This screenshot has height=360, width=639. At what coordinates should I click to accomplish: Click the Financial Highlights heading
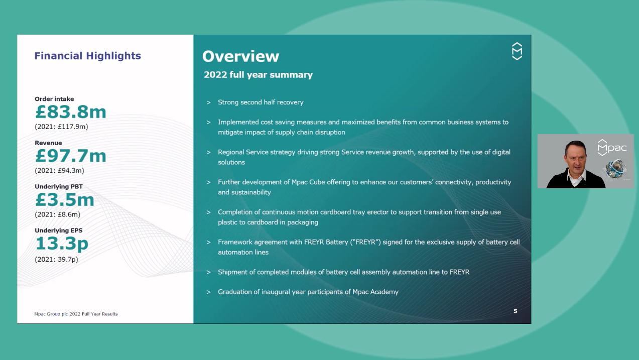tap(87, 56)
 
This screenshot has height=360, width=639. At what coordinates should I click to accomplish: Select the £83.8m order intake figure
tap(70, 112)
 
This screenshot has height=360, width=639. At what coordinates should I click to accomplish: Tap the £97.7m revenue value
tap(70, 156)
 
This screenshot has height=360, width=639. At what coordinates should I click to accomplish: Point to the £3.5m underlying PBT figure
tap(64, 200)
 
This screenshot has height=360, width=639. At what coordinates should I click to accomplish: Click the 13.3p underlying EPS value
tap(62, 244)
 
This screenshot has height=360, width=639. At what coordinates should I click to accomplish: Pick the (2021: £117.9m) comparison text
tap(61, 127)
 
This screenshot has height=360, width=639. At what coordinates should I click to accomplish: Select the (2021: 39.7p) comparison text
tap(56, 260)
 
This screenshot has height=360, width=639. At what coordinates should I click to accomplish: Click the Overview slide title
tap(240, 56)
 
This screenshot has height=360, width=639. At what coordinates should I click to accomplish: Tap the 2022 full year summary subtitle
tap(258, 75)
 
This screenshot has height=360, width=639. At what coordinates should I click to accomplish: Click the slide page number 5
tap(515, 311)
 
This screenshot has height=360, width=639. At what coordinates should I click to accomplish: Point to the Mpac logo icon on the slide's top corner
tap(517, 51)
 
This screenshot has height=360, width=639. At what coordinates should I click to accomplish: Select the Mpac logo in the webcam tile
tap(612, 148)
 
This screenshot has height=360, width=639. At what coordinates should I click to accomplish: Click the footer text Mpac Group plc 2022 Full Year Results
tap(76, 314)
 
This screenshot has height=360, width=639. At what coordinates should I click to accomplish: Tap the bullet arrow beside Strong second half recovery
tap(208, 102)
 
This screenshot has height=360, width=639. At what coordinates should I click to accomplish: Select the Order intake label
tap(54, 99)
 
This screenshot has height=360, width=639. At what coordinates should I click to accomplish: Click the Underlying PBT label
tap(59, 187)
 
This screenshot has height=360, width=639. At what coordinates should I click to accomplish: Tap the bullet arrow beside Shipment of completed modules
tap(208, 272)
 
